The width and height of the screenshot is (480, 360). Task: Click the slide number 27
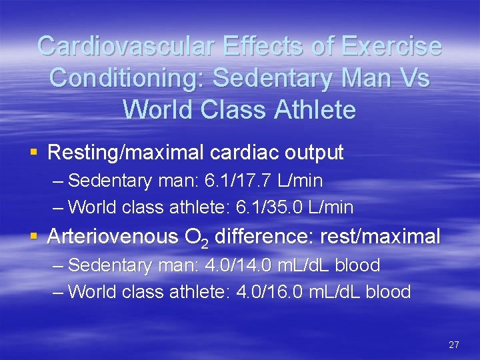pos(454,345)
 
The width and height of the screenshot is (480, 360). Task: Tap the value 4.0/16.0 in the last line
pos(267,291)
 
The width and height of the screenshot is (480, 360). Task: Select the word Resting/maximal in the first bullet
pos(126,153)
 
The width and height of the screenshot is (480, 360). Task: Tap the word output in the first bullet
pos(313,153)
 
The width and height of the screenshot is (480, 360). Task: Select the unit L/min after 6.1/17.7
pos(299,181)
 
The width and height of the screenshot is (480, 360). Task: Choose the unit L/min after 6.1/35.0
pos(331,207)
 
